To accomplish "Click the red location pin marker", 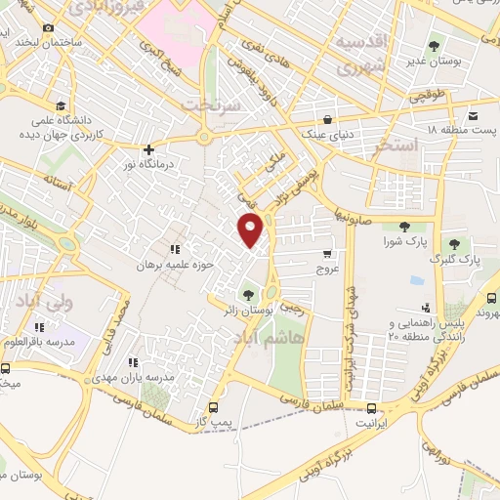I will pyautogui.click(x=251, y=229).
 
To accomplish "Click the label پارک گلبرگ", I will pyautogui.click(x=455, y=261).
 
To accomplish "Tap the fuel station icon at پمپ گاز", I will pyautogui.click(x=216, y=408).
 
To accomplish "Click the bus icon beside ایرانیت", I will pyautogui.click(x=371, y=408).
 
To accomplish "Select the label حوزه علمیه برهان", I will pyautogui.click(x=147, y=265).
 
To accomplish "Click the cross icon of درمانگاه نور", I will pyautogui.click(x=147, y=150).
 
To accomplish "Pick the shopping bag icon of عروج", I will pyautogui.click(x=326, y=268).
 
